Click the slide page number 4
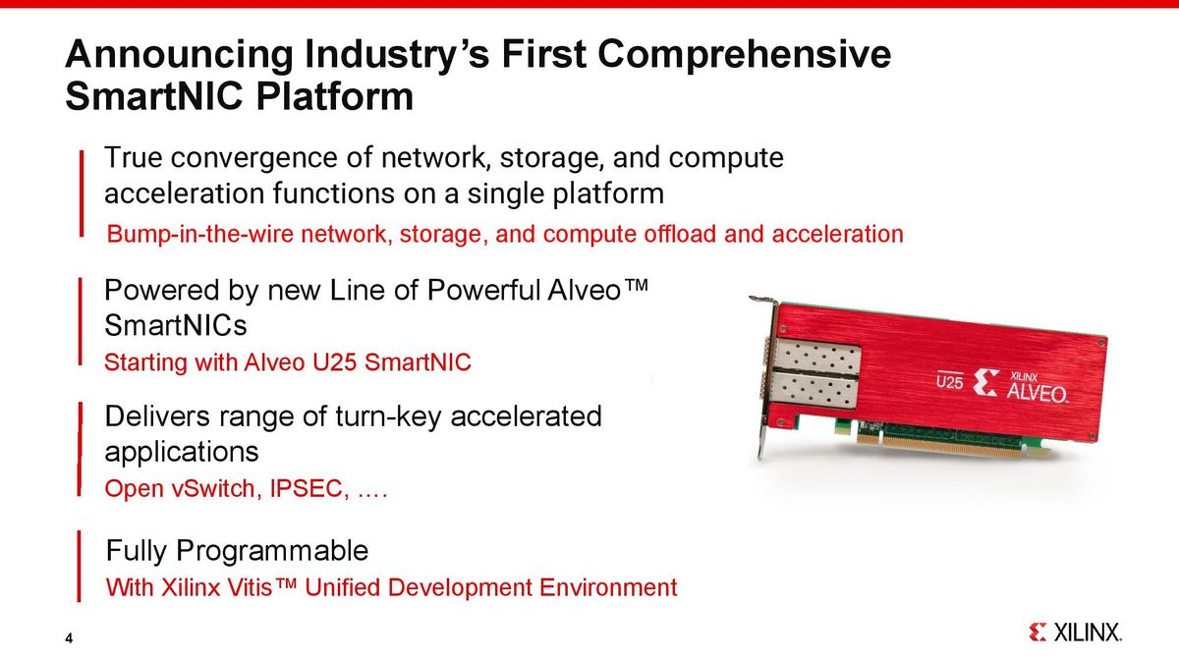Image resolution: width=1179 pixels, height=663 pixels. click(69, 639)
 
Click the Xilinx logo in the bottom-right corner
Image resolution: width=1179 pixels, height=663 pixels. click(1075, 633)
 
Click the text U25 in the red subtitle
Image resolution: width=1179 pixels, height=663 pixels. click(336, 363)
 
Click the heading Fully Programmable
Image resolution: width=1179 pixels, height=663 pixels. click(237, 550)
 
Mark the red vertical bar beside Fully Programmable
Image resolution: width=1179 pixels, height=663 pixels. click(80, 567)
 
